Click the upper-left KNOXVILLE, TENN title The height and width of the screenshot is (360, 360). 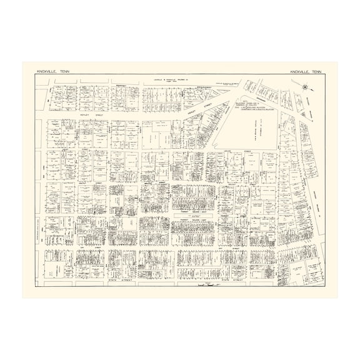click(54, 72)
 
